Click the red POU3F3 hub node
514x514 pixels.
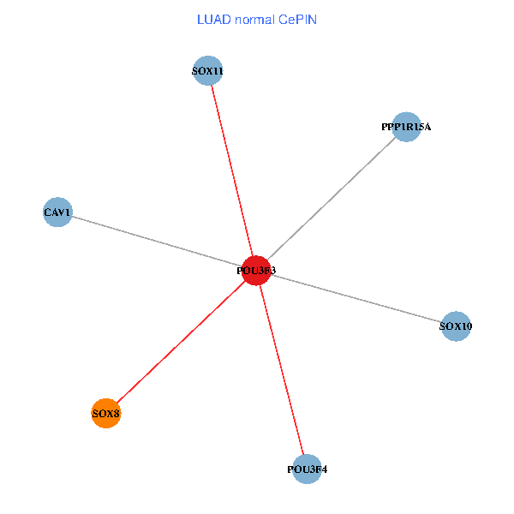click(256, 271)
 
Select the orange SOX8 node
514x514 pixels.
click(105, 414)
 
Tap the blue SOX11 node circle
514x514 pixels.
click(207, 71)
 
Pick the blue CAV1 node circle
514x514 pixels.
click(57, 212)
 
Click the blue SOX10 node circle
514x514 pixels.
click(456, 326)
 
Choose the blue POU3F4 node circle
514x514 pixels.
click(307, 469)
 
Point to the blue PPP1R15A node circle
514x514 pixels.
click(406, 127)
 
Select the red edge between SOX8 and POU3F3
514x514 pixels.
click(180, 343)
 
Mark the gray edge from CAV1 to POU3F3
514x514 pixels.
click(154, 241)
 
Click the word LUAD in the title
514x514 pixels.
click(213, 19)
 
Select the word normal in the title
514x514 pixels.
click(254, 19)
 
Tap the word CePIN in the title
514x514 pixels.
click(296, 19)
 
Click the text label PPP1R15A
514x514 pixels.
click(406, 127)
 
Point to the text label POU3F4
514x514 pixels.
click(307, 469)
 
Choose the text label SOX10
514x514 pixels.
click(456, 326)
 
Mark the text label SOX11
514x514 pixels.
click(207, 72)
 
